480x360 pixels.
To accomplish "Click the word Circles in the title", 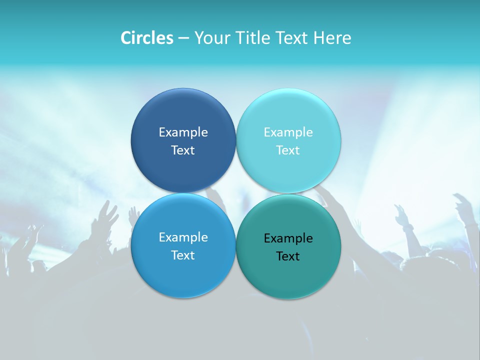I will [x=147, y=38].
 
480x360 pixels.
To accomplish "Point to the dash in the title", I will [x=183, y=38].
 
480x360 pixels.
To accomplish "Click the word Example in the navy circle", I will [x=183, y=132].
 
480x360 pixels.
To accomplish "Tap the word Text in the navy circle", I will [x=183, y=150].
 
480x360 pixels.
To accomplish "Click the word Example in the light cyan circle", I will [x=288, y=132].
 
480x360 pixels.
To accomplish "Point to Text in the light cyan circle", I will [x=288, y=150].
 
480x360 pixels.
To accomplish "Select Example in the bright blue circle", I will [x=183, y=237].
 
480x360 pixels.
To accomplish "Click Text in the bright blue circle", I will [x=183, y=255].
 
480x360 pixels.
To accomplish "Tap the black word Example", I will [x=288, y=238].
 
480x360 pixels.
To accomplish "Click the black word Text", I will [x=288, y=256].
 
